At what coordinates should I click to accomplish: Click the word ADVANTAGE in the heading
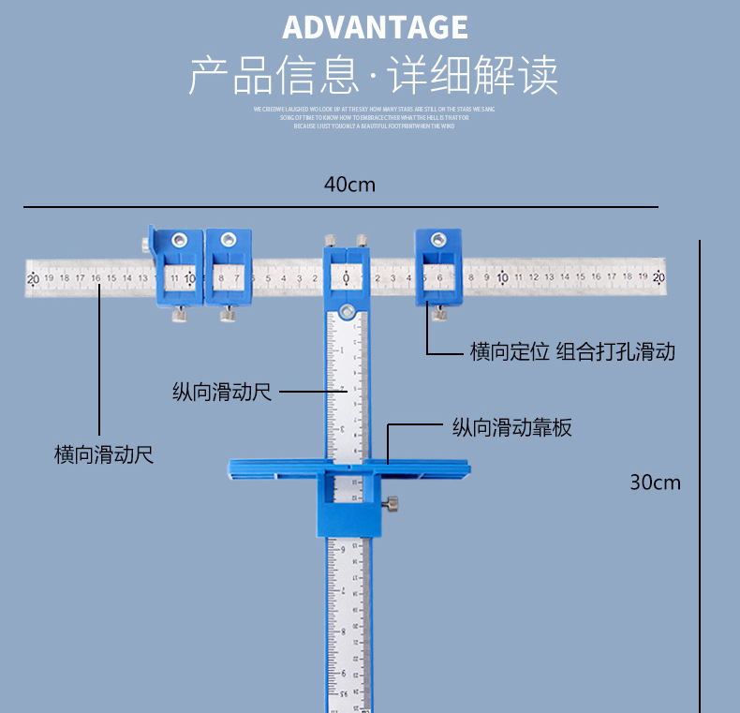click(375, 27)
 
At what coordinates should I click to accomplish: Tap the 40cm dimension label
click(349, 185)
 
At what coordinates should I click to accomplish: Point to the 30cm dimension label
click(655, 483)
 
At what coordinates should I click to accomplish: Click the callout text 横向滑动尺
click(104, 455)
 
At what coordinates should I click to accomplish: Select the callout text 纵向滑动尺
click(221, 392)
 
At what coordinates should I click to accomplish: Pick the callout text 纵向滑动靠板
click(511, 428)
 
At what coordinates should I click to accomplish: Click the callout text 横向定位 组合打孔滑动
click(572, 352)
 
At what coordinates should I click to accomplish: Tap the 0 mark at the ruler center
click(346, 278)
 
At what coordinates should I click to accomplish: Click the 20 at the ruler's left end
click(33, 278)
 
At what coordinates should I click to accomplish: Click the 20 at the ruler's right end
click(659, 277)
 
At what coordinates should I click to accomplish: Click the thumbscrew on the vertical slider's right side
click(392, 505)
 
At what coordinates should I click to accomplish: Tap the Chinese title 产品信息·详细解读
click(374, 76)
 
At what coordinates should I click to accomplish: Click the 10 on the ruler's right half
click(502, 277)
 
